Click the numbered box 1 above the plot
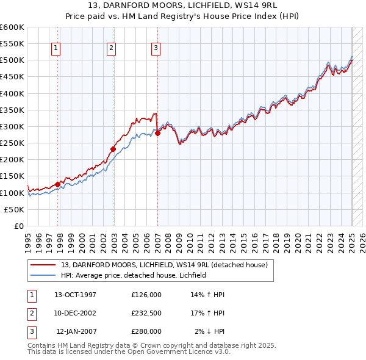tap(56, 49)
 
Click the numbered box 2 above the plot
tap(112, 49)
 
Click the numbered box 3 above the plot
tap(156, 49)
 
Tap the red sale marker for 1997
tap(58, 184)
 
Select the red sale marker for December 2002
tap(113, 148)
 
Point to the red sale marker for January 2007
tap(157, 133)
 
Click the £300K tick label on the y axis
tap(12, 127)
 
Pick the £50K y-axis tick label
tap(15, 209)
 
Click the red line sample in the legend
tap(43, 265)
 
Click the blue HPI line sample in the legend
tap(43, 275)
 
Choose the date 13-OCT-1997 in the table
tap(76, 294)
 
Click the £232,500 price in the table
tap(146, 313)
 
